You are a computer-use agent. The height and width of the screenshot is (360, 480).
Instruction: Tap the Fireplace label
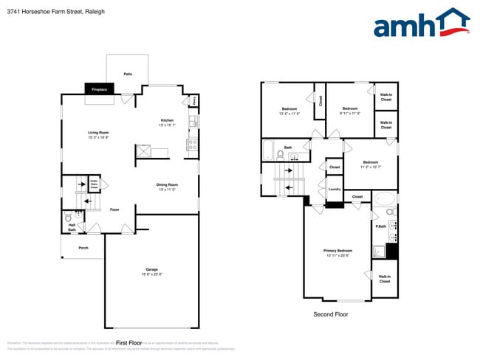99,90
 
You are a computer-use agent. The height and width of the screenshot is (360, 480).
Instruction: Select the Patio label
128,75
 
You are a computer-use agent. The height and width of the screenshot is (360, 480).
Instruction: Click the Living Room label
98,135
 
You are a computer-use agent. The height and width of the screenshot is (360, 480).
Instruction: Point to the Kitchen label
167,122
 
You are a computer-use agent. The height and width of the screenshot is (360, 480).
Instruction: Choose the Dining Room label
167,187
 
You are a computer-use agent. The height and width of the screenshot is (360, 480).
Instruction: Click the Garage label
151,271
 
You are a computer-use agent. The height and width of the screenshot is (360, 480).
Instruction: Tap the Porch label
83,248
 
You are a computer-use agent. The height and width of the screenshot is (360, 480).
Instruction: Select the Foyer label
114,210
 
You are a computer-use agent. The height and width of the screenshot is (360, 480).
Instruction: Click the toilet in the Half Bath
68,218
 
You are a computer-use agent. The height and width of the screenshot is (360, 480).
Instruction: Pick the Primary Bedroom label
337,253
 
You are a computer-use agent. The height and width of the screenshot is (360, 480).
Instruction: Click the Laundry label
334,190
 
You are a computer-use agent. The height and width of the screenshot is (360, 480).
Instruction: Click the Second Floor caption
331,314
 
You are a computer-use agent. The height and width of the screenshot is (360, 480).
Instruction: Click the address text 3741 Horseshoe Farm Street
44,11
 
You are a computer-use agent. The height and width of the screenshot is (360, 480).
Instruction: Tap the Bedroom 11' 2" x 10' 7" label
370,165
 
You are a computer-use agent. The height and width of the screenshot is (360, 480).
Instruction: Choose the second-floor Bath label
288,148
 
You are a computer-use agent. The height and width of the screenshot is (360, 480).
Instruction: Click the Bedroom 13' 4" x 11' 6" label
289,111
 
